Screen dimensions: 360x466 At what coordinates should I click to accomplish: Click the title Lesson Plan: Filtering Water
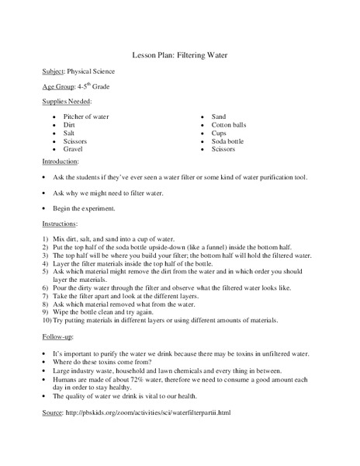pos(180,56)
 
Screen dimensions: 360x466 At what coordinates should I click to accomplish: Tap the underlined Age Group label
pos(59,87)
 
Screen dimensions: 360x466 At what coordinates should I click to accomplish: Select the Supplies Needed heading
pos(67,102)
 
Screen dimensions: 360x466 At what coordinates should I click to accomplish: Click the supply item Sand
pos(220,116)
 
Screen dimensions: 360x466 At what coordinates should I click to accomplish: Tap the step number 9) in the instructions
pos(47,311)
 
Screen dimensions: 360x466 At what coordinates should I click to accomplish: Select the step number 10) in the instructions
pos(47,320)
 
